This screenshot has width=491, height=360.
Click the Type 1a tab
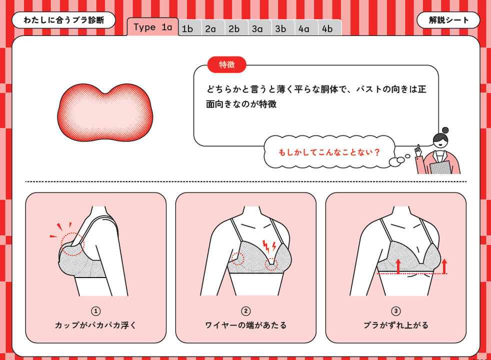coord(153,27)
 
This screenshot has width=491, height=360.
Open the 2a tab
coord(213,28)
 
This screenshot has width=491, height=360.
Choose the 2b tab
coord(236,28)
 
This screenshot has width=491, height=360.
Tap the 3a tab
coord(260,28)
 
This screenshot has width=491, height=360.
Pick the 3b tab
coord(283,28)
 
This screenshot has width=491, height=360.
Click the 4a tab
coord(306,28)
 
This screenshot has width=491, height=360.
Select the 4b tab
coord(329,28)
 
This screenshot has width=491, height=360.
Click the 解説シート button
coord(448,20)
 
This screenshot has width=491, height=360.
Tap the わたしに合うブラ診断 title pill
coord(63,20)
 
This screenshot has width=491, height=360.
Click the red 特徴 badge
coord(226,65)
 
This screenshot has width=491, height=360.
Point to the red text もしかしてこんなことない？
coord(329,152)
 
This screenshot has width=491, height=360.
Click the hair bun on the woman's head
coord(445,130)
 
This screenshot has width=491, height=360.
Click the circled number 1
coord(96,311)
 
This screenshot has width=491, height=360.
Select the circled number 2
coord(246,311)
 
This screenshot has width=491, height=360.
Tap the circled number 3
coord(396,311)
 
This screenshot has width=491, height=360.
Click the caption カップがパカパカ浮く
coord(96,325)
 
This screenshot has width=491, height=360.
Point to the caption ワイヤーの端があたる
coord(246,325)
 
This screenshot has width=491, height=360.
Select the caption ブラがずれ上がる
coord(396,325)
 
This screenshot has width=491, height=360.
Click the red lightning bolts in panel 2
coord(269,246)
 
